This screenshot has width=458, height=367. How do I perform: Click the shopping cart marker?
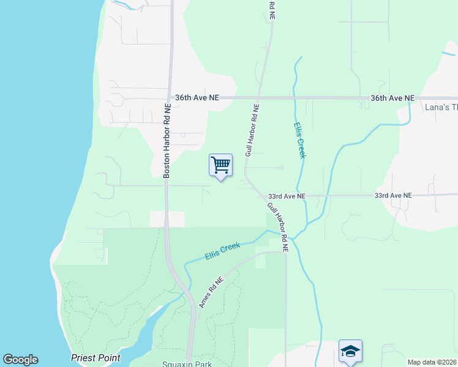(220, 165)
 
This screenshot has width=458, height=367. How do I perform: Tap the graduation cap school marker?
(350, 351)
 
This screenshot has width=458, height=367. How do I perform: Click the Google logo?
(20, 360)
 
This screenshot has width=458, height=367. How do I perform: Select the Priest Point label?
(96, 358)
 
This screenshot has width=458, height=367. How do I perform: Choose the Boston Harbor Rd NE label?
(167, 141)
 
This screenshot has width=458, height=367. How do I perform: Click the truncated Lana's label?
(441, 107)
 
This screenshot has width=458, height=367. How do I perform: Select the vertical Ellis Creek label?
(299, 141)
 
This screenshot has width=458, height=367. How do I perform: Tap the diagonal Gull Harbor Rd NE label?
(277, 226)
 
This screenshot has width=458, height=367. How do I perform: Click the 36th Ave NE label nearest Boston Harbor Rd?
(197, 97)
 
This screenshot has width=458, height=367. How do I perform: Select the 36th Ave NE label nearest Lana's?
(392, 98)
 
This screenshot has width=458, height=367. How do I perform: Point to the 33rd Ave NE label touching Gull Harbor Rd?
(287, 196)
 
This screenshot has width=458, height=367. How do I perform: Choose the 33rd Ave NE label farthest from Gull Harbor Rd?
(393, 196)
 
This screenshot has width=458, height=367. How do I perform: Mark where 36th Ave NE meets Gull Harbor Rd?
(259, 97)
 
